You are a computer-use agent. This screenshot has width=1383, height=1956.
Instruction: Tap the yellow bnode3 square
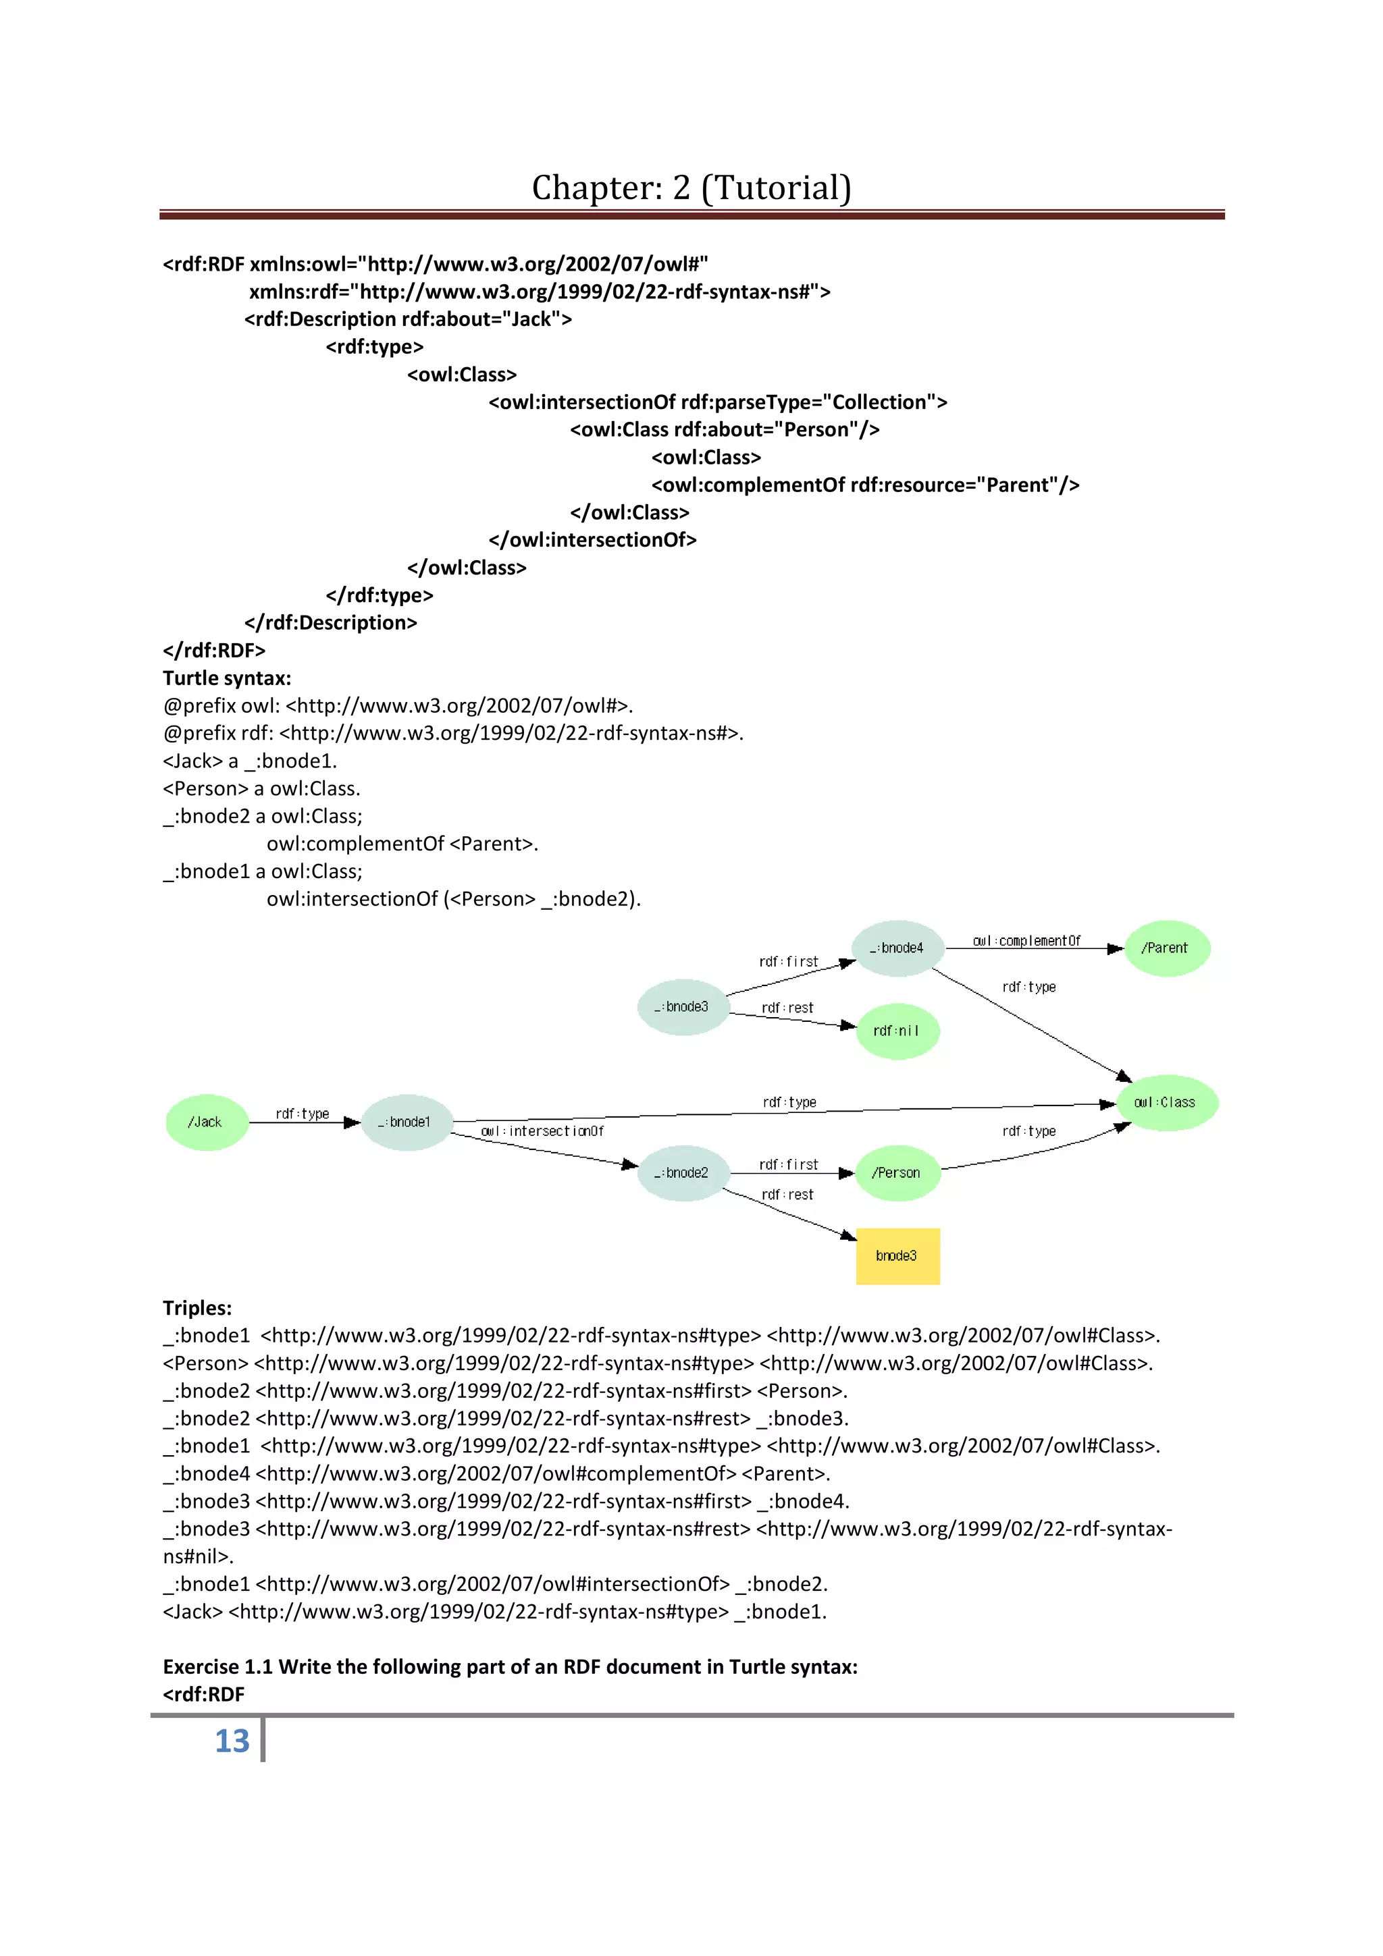tap(897, 1255)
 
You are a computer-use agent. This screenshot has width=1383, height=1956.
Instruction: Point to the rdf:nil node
tap(897, 1031)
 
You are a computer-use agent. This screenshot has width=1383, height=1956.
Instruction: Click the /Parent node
tap(1166, 948)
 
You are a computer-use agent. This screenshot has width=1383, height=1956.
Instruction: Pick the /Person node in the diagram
tap(897, 1173)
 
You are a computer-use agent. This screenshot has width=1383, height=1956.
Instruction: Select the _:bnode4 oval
tap(897, 948)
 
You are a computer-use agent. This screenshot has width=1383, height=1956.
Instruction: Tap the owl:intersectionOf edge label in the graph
tap(542, 1131)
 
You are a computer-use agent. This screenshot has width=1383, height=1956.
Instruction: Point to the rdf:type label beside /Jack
tap(303, 1114)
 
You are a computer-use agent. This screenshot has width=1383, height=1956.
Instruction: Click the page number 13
tap(232, 1741)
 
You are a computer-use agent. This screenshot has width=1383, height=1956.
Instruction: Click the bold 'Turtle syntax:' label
tap(227, 678)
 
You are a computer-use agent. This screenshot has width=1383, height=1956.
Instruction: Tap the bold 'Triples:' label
tap(197, 1307)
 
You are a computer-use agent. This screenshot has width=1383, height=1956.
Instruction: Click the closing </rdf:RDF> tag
tap(214, 651)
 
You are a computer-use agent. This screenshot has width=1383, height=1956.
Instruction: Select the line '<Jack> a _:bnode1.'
tap(250, 761)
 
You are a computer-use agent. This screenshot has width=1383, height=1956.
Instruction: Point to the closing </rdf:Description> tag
tap(331, 623)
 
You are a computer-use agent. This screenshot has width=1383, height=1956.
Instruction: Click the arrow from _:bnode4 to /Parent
tap(1035, 949)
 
